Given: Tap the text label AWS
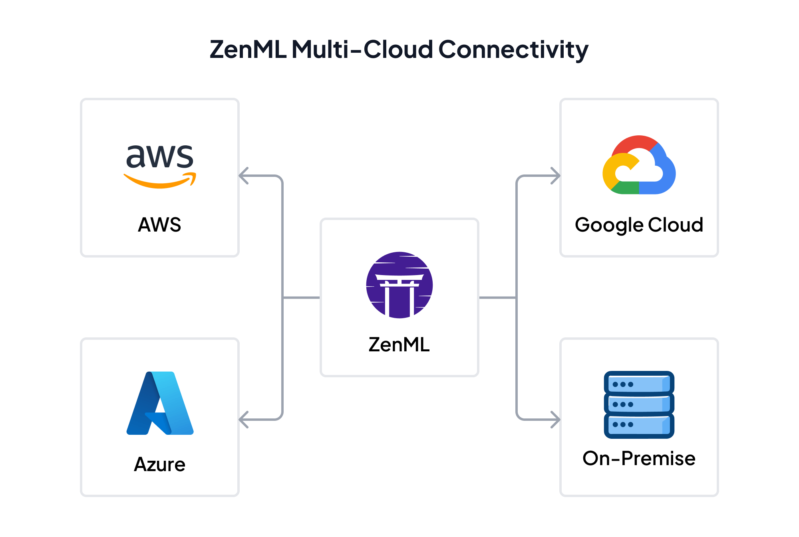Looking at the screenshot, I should (x=159, y=225).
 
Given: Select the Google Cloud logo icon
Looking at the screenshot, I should (x=639, y=165).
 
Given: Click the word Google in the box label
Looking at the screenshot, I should (x=609, y=225).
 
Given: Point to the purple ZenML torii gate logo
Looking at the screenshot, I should (x=399, y=285).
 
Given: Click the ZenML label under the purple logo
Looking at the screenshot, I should (x=399, y=345).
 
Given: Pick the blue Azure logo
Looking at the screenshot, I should (x=160, y=403).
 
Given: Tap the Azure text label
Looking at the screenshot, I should (x=159, y=464).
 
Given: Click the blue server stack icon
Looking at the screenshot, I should (x=639, y=404).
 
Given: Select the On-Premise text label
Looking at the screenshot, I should (x=639, y=458).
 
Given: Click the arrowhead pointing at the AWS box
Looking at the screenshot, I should (x=244, y=176).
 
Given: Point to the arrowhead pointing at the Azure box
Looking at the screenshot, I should (x=244, y=420).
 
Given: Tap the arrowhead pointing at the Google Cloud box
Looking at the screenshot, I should (x=555, y=176).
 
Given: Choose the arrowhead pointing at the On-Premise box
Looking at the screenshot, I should (x=555, y=420).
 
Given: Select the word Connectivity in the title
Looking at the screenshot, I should (x=513, y=50).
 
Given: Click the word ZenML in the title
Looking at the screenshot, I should (x=248, y=50).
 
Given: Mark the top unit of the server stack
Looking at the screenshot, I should (x=639, y=384).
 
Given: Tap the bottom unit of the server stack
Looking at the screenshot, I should (x=639, y=425).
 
